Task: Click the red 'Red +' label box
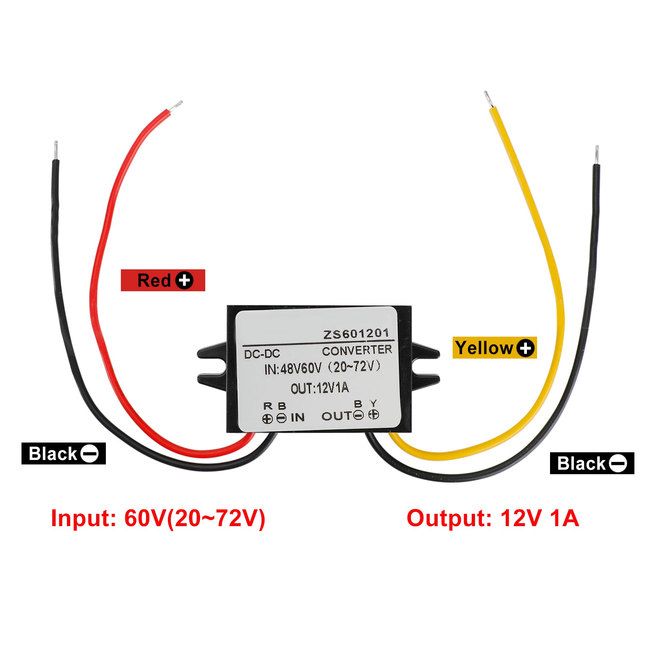[163, 280]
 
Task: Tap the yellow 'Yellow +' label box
[494, 348]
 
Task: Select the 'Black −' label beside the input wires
[64, 453]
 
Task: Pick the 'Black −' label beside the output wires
[592, 463]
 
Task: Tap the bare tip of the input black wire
[56, 150]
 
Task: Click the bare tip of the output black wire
[597, 155]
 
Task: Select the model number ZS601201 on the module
[356, 334]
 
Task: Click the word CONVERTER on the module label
[357, 350]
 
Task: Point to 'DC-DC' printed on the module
[262, 354]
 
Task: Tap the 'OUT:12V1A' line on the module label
[320, 388]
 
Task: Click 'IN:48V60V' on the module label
[293, 369]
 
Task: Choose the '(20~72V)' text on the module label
[354, 367]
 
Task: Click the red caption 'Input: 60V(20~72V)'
[158, 518]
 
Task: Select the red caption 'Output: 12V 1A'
[492, 518]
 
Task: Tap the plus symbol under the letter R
[267, 419]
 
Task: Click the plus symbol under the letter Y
[374, 415]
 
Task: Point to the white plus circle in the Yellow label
[526, 348]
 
